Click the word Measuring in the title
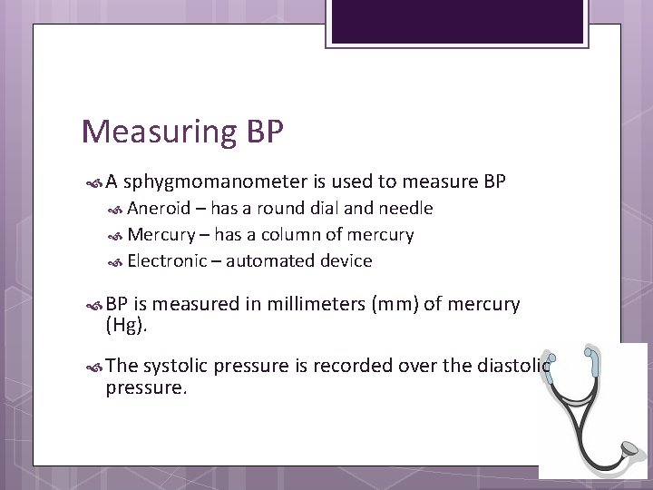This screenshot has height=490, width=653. [158, 132]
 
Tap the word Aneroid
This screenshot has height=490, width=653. [160, 209]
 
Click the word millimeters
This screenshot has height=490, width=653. [306, 305]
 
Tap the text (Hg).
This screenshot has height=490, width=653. [126, 325]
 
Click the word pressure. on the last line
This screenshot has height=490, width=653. [146, 387]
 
